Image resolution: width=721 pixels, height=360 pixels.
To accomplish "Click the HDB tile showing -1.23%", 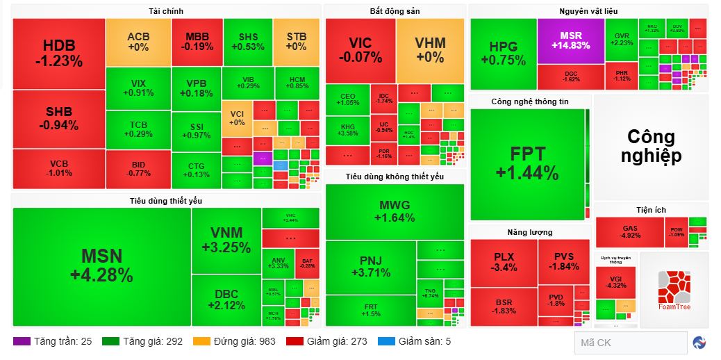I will (x=58, y=54).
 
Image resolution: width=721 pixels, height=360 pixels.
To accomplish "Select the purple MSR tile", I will (x=570, y=40).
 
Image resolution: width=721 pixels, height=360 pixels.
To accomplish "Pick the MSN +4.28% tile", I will (x=101, y=266).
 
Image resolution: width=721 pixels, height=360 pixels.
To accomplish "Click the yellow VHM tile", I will (x=430, y=50).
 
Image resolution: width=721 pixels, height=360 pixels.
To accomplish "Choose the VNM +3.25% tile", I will (x=226, y=240).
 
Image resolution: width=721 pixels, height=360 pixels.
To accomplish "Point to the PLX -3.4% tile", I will (x=504, y=262).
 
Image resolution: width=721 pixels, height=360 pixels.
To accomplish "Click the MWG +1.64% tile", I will (x=394, y=211).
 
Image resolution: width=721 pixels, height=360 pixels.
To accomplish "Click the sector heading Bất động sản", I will (x=395, y=11).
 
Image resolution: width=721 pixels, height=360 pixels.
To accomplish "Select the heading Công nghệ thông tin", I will (x=529, y=101).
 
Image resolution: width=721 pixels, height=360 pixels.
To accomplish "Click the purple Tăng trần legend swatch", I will (x=22, y=341).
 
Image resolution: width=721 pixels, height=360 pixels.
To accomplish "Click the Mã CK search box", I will (x=629, y=343).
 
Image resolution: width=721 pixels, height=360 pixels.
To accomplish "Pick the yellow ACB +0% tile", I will (x=138, y=41).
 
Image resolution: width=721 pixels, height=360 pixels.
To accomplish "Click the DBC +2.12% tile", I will (x=226, y=300).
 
